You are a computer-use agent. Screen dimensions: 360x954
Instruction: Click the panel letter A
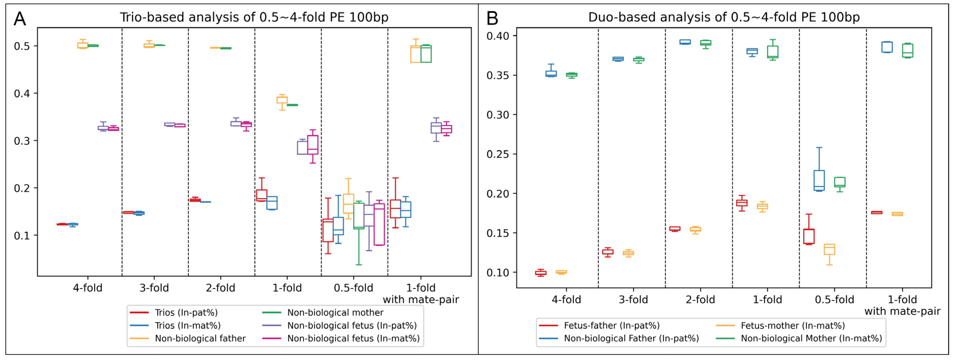[x=20, y=19]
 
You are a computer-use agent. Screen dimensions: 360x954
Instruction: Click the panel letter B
[x=492, y=19]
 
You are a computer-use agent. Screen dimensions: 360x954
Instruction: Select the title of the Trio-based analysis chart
[x=254, y=17]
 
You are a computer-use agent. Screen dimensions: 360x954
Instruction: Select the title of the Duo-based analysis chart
[x=724, y=17]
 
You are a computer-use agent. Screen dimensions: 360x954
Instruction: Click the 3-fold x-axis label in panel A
[x=154, y=288]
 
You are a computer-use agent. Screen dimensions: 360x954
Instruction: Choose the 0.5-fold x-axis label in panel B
[x=834, y=300]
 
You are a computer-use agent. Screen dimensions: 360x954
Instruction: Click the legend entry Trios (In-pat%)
[x=186, y=313]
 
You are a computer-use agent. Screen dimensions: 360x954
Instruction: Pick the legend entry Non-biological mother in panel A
[x=335, y=313]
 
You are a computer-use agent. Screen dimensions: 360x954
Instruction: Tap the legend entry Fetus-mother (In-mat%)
[x=792, y=325]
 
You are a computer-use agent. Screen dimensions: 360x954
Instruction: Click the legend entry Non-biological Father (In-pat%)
[x=631, y=339]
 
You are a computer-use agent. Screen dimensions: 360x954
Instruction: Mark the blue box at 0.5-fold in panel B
[x=819, y=180]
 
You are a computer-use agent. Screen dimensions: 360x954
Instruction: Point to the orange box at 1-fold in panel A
[x=282, y=100]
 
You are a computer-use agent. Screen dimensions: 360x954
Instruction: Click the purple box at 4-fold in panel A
[x=103, y=128]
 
